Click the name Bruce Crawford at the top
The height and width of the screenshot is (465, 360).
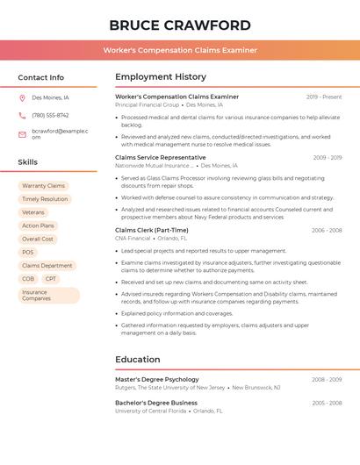[180, 25]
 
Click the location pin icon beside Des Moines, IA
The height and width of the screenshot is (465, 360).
[22, 97]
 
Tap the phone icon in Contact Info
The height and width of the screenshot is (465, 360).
[22, 115]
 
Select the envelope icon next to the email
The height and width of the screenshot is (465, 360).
[22, 133]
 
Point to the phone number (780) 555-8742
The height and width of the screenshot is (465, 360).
[50, 115]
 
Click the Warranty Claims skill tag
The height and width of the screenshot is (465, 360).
[44, 186]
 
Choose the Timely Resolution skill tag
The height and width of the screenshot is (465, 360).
[45, 199]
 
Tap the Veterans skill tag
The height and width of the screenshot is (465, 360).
[33, 212]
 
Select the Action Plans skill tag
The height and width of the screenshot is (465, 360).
[38, 225]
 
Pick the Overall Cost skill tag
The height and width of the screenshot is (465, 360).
[38, 239]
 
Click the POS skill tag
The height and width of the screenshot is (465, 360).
[28, 252]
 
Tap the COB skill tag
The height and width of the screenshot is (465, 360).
[28, 279]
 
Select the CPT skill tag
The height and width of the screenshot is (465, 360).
[51, 279]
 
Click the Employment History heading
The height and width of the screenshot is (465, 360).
[161, 77]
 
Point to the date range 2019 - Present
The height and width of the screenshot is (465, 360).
[324, 97]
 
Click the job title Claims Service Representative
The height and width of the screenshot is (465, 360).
[161, 157]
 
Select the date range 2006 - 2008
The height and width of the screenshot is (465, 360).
[327, 230]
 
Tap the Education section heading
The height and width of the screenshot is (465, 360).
[138, 359]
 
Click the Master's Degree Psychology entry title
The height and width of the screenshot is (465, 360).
[157, 379]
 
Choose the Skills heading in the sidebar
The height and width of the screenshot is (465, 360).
[28, 162]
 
